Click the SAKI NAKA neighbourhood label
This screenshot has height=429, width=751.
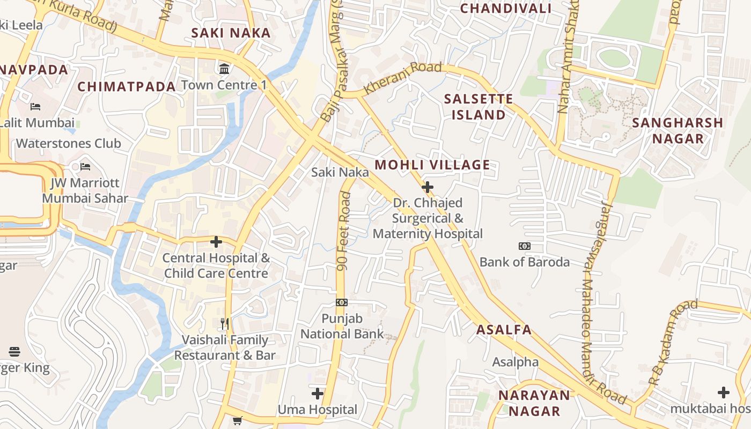231,33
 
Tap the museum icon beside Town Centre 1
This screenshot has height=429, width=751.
224,69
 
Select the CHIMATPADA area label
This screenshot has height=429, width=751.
127,87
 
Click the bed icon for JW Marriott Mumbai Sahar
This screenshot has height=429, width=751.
85,167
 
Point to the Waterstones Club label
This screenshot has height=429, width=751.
69,143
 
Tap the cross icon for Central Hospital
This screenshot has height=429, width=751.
216,242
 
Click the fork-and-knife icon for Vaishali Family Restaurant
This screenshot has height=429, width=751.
225,323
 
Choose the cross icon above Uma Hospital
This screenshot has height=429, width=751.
318,394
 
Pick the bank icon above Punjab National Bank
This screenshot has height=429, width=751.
342,302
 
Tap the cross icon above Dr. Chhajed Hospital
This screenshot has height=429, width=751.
428,187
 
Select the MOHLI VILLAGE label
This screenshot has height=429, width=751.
432,165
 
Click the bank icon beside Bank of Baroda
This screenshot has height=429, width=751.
524,246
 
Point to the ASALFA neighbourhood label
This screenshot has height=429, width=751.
504,330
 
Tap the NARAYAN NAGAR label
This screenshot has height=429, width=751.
534,403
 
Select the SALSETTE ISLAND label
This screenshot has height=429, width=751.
478,107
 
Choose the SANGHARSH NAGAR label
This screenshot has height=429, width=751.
678,130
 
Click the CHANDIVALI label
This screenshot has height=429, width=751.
506,9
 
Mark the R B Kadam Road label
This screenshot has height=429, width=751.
673,343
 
